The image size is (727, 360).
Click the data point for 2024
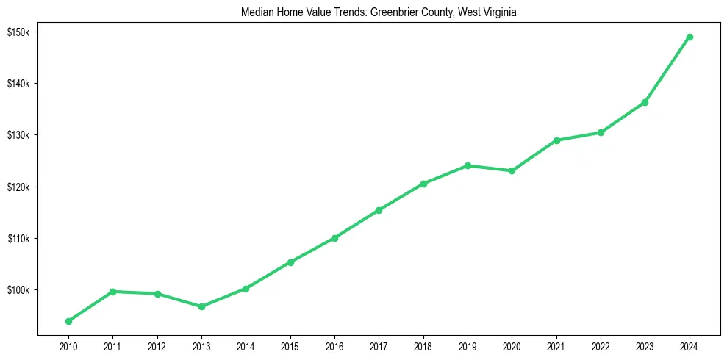[690, 37]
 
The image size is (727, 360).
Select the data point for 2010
[68, 321]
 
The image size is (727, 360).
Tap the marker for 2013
[201, 306]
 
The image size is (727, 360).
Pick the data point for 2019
[468, 165]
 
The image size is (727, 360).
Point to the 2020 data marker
[512, 170]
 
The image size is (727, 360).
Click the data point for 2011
[112, 292]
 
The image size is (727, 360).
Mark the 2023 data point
[645, 102]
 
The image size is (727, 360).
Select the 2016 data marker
[334, 238]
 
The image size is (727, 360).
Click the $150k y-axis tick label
[17, 32]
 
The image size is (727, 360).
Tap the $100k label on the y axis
[17, 290]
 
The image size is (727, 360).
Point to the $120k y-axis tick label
[17, 187]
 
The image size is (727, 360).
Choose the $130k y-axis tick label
[17, 135]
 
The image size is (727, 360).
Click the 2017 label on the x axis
[379, 346]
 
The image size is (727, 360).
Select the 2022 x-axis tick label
[601, 346]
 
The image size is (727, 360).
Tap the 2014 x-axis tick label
[246, 346]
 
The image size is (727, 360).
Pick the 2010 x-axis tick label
[68, 346]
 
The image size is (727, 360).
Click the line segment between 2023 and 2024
[667, 70]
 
